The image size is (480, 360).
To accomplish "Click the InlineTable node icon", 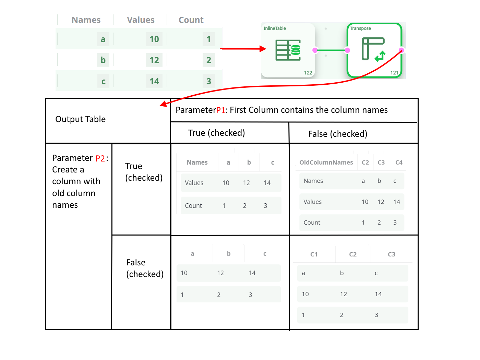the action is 288,50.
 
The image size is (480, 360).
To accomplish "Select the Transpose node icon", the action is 373,49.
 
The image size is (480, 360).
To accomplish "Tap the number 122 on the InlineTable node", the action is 308,73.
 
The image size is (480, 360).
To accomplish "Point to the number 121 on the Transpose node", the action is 394,73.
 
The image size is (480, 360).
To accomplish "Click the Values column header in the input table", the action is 141,20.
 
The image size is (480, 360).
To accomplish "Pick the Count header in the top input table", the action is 191,20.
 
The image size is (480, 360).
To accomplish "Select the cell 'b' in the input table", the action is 103,60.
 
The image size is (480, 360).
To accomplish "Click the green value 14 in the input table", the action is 154,81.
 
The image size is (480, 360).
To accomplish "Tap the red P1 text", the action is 221,110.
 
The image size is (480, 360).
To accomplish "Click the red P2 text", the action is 100,158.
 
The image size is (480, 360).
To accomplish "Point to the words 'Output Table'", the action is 81,119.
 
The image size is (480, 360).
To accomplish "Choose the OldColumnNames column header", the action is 326,163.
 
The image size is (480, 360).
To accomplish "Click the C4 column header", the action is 399,163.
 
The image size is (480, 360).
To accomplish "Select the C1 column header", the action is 314,254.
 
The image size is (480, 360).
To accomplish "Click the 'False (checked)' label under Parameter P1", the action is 338,134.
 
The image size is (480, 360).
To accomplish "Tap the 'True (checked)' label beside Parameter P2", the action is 144,172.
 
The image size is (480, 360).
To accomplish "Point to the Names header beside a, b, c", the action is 197,163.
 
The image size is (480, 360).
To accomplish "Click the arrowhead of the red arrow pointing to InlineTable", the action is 263,49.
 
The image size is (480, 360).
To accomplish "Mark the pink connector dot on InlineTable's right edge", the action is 315,50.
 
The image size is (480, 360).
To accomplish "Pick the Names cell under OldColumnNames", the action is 313,181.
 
